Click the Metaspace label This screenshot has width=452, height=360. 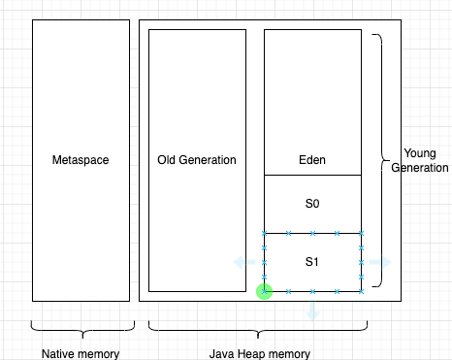point(81,160)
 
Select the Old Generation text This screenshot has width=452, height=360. point(197,160)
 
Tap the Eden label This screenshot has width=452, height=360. point(312,160)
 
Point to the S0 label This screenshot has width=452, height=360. point(312,204)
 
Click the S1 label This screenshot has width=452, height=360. point(312,262)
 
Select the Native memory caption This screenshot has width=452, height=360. point(81,353)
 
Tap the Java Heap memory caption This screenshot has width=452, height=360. point(260,353)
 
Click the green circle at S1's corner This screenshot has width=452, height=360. point(264,291)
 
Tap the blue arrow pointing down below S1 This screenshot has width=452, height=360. point(312,311)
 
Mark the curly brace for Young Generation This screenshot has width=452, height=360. point(378,160)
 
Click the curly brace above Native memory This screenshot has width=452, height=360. point(81,327)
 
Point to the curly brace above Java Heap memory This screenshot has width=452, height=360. point(260,327)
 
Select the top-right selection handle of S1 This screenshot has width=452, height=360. point(361,234)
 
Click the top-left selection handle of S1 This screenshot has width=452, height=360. point(264,234)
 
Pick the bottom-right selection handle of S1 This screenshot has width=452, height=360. point(361,291)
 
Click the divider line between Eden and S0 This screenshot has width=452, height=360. point(312,175)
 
